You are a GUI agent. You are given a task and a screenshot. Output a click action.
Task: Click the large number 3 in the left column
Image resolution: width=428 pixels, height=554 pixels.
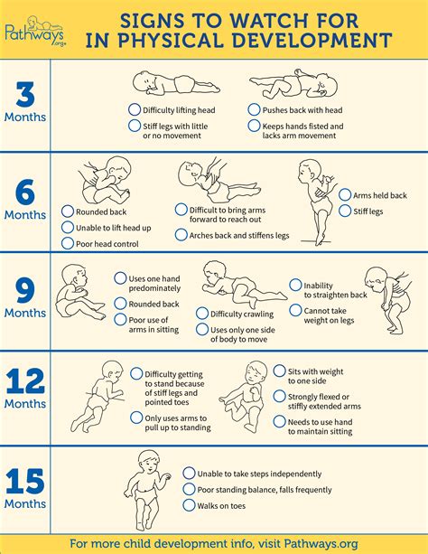click(24, 95)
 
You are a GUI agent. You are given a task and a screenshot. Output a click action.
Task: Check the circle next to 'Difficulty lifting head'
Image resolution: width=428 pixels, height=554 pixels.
click(135, 108)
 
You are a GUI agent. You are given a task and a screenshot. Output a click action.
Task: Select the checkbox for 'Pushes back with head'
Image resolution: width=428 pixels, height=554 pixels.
click(255, 108)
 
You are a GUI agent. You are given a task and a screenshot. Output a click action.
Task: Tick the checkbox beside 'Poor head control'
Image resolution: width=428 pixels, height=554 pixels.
click(68, 243)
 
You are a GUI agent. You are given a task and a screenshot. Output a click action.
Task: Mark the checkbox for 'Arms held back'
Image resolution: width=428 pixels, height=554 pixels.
click(344, 194)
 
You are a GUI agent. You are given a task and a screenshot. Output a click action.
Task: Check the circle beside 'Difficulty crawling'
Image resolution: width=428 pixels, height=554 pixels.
click(201, 314)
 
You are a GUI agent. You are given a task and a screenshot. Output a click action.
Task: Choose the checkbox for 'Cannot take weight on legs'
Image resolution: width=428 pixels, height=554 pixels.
click(294, 310)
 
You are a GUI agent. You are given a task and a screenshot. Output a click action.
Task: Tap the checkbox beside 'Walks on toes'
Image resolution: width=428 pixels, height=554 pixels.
click(188, 506)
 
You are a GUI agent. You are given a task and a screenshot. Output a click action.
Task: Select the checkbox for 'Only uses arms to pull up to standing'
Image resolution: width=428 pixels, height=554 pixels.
click(135, 418)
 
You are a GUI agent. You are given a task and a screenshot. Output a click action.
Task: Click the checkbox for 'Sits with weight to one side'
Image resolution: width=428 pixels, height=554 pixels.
click(279, 371)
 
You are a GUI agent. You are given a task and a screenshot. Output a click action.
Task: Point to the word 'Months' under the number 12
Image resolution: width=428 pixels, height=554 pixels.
click(24, 404)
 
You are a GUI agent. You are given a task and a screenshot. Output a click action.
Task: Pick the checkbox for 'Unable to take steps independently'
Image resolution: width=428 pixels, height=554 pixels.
click(188, 473)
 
